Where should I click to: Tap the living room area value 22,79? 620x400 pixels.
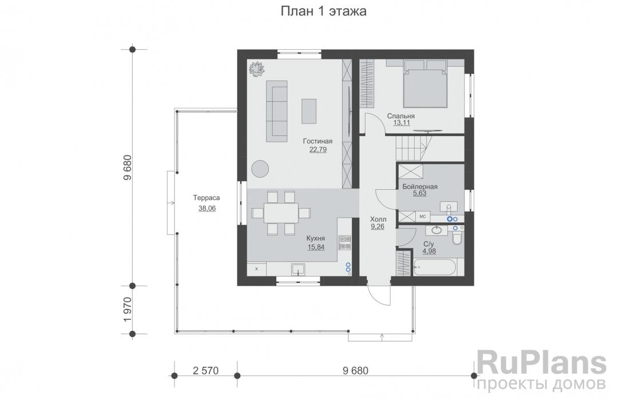[317, 150]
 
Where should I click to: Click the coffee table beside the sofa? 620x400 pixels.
[309, 111]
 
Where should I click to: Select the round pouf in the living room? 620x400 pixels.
[261, 169]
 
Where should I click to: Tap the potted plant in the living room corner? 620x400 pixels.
[256, 68]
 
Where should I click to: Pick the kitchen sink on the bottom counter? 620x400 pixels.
[298, 269]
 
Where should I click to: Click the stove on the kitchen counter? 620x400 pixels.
[345, 243]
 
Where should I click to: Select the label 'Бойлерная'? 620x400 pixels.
[420, 187]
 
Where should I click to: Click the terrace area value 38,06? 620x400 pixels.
[207, 209]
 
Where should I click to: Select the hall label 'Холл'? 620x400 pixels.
[378, 219]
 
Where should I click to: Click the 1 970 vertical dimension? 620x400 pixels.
[128, 309]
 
